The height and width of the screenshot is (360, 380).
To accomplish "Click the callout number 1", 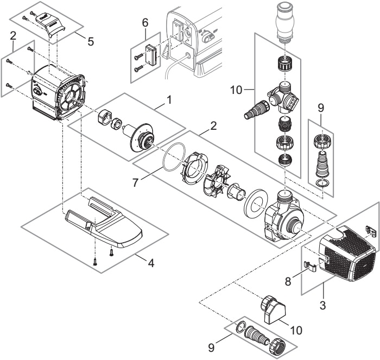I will pos(169,100).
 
